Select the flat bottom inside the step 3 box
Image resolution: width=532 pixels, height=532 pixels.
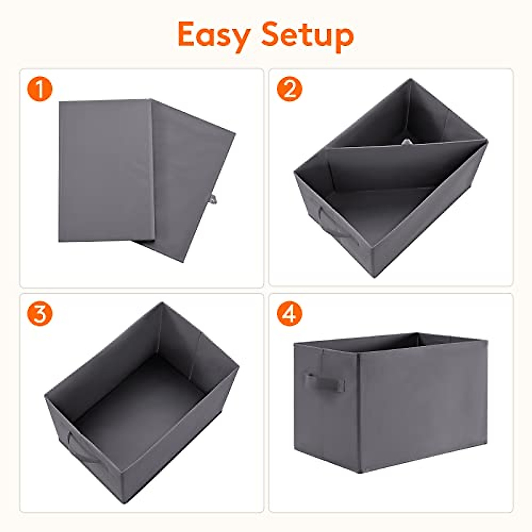142,399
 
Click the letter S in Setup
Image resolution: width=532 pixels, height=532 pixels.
271,35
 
